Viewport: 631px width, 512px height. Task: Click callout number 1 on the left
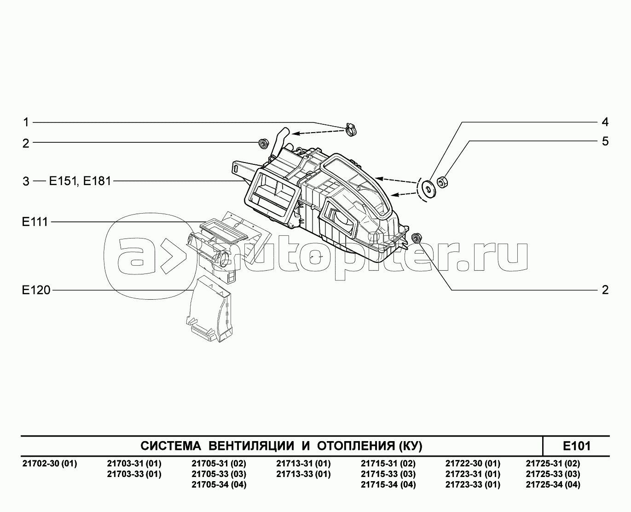pos(26,122)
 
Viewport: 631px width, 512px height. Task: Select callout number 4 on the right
pos(605,122)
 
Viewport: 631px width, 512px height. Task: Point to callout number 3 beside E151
pos(26,181)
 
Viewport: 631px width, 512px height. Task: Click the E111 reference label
pos(35,222)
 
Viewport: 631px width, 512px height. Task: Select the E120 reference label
pos(36,290)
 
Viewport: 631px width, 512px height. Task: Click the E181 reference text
pos(97,181)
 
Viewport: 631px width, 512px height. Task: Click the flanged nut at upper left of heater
pos(264,143)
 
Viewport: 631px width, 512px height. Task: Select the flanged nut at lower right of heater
pos(416,238)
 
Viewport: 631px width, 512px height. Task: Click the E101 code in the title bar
pos(576,446)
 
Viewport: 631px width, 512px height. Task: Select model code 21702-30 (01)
pos(50,464)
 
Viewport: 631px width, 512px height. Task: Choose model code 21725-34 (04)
pos(553,484)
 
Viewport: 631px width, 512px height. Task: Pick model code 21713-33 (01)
pos(303,474)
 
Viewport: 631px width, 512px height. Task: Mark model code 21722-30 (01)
pos(473,464)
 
